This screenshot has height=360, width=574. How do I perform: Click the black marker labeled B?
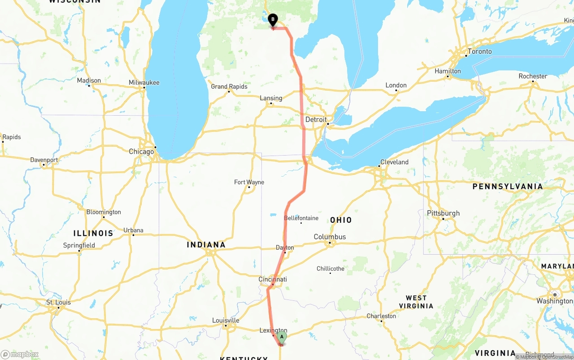coord(273,20)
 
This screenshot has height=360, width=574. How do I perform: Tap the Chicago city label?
coord(141,152)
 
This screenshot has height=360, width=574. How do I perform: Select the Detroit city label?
coord(316,120)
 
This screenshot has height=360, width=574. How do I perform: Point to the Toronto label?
coord(479,52)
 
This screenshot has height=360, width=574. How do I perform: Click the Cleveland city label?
coord(394,162)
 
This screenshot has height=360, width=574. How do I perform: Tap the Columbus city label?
coord(330,237)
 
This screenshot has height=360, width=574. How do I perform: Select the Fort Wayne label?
coord(249,182)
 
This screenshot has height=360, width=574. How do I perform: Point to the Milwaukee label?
coord(144,82)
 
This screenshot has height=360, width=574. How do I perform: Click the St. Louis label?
coord(58,302)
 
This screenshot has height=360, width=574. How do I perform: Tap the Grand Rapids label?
coord(229,87)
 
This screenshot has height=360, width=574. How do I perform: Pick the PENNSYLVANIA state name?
coord(507,186)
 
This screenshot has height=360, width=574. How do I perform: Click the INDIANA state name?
coord(206,244)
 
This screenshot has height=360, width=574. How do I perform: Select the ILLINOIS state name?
coord(93,233)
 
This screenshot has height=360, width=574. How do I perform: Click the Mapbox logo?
coord(20,354)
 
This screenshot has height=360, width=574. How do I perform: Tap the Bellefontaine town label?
coord(301,218)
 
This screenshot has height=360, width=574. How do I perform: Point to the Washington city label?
coord(555,301)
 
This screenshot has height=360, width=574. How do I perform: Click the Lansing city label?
coord(271,98)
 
